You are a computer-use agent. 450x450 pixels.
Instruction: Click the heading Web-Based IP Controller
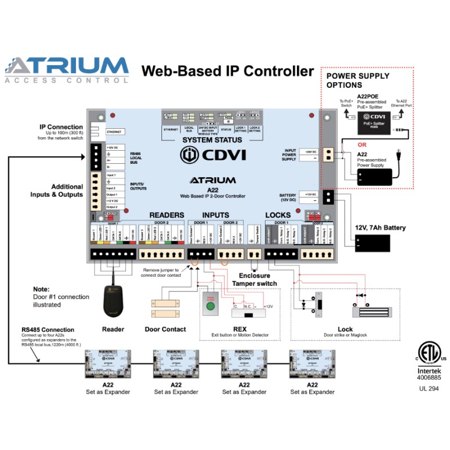pos(227,71)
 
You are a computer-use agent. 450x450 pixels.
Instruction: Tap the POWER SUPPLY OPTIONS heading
pos(358,80)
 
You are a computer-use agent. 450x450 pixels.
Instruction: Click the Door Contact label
pos(165,329)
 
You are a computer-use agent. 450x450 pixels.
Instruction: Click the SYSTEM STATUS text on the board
pos(213,140)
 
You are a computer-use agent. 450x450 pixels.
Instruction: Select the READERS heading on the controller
pos(166,215)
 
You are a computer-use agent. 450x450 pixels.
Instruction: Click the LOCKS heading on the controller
pos(278,215)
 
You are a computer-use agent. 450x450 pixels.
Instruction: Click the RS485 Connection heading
pos(48,330)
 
